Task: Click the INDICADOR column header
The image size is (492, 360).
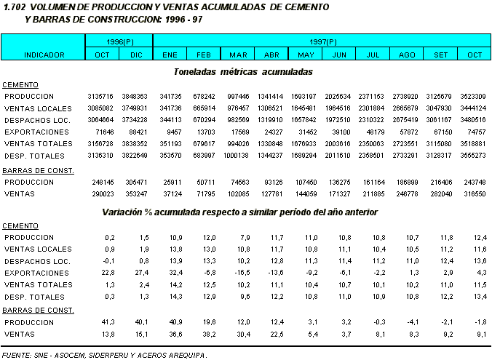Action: click(x=44, y=55)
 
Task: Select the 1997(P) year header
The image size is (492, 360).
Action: click(x=322, y=43)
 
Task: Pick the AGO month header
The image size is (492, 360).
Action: click(x=408, y=55)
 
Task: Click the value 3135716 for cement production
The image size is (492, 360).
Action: click(x=101, y=96)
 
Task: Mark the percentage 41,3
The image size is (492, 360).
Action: click(x=109, y=321)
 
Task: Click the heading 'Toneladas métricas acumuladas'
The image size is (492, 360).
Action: click(x=243, y=72)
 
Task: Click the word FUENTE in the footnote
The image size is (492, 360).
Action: click(x=17, y=355)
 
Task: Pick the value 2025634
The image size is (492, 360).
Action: click(x=338, y=96)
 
